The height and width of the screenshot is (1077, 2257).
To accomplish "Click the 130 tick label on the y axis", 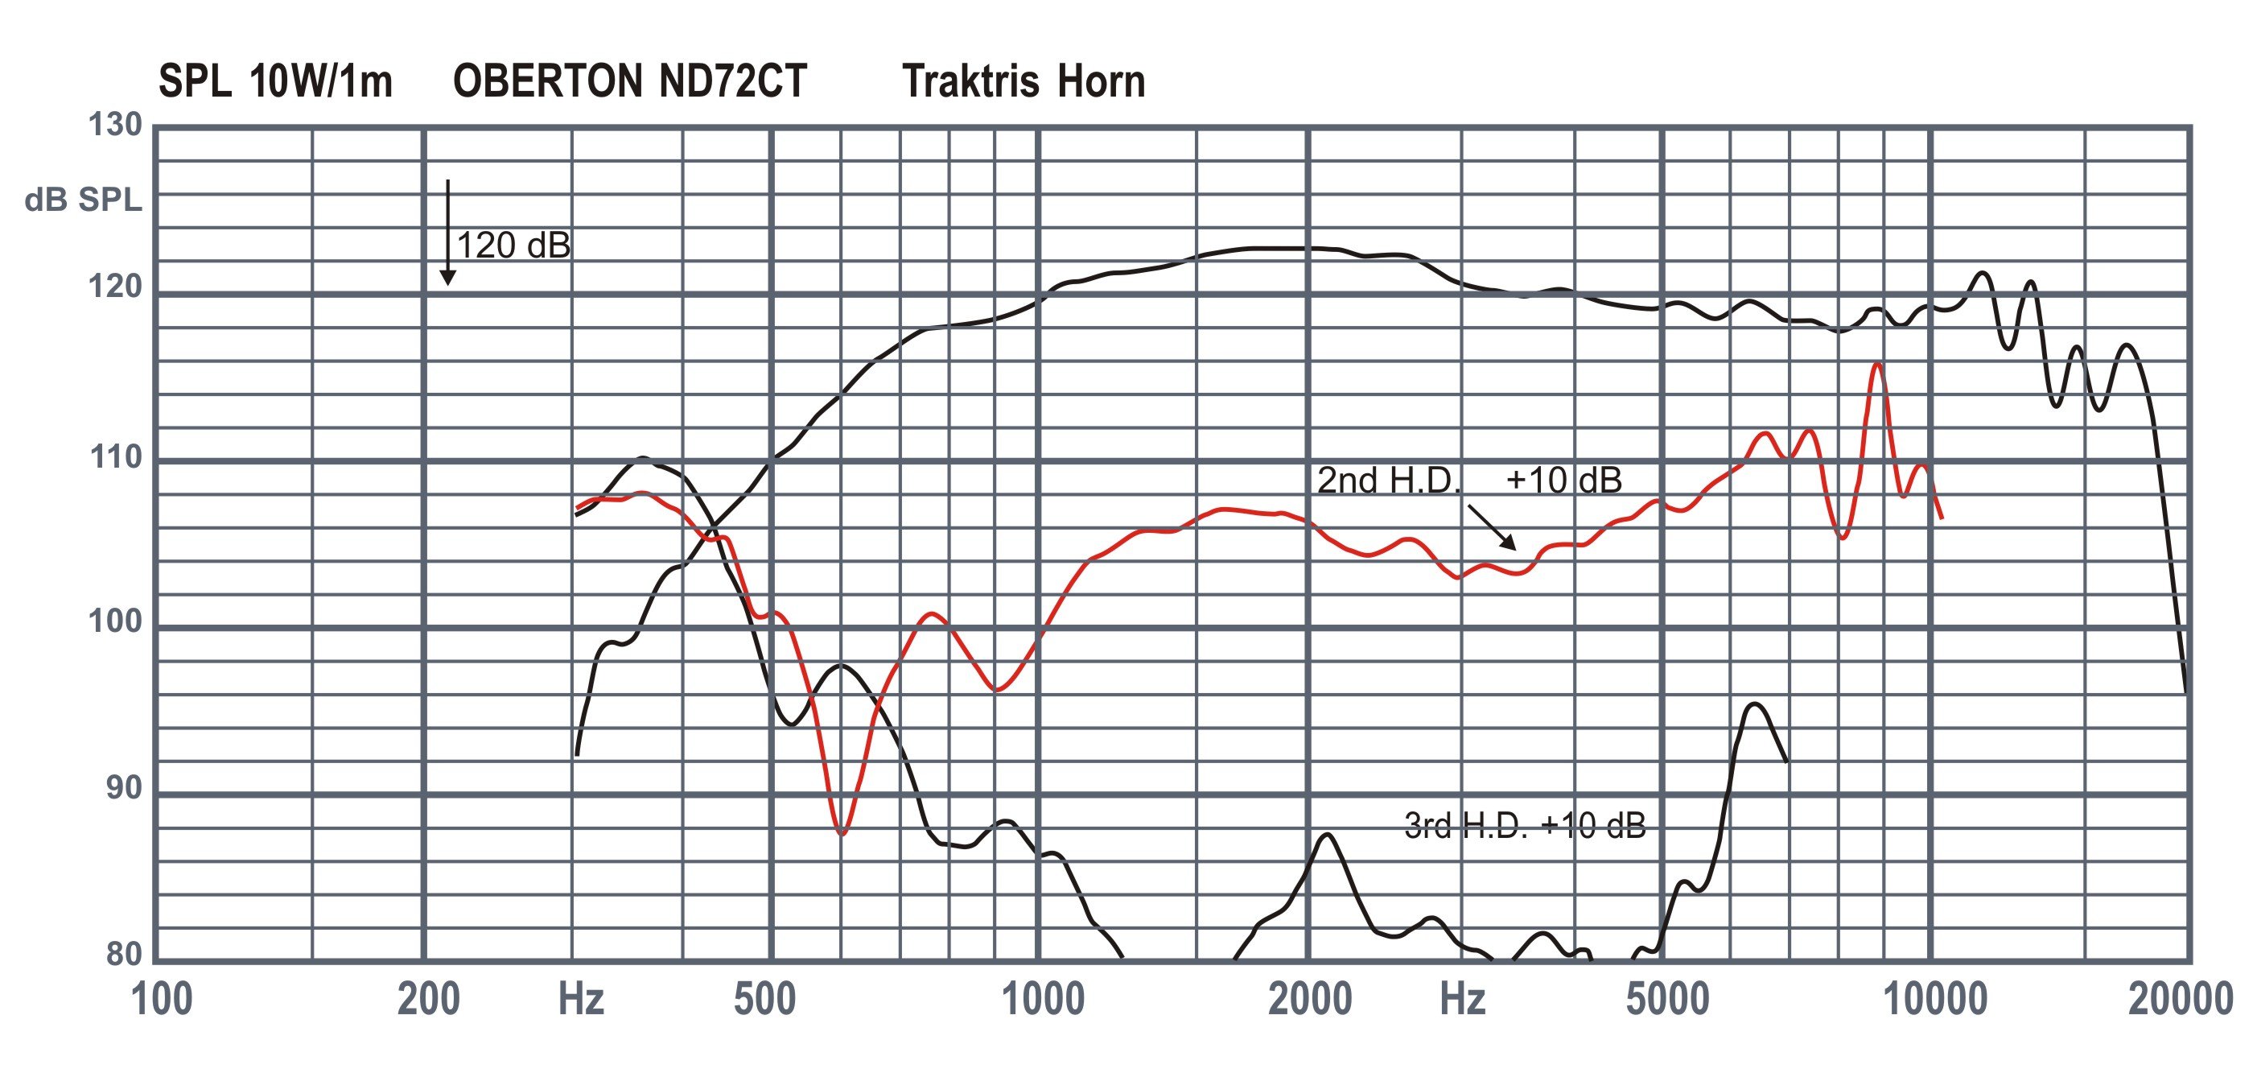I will coord(115,126).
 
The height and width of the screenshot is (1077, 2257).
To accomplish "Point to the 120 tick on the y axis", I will coord(115,287).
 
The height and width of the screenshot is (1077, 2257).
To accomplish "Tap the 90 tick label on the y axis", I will coord(124,789).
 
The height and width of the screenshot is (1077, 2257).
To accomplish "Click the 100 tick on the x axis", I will coord(161,1000).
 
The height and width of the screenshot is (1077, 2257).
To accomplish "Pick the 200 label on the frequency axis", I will coord(428,1000).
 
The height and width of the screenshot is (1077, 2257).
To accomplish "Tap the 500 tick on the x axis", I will coord(765,1000).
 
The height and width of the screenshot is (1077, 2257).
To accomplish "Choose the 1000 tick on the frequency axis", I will coord(1043,1000).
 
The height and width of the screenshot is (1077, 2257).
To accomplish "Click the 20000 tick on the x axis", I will coord(2180,1000).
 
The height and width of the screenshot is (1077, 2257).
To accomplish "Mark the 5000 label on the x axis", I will coord(1667,1000).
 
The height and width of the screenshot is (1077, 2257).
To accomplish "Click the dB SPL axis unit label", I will coord(83,200).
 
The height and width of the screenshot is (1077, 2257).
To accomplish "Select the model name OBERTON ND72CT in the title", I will coord(629,81).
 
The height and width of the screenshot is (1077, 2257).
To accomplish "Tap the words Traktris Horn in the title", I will coord(1023,81).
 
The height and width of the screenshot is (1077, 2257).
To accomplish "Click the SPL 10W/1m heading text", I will coord(275,81).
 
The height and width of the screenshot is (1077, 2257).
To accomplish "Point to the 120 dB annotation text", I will coord(513,246).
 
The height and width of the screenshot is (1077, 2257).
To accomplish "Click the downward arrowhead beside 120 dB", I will coord(447,278).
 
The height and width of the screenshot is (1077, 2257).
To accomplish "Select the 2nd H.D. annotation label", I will coord(1389,481).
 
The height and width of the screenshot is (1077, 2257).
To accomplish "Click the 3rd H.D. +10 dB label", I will coord(1525,826).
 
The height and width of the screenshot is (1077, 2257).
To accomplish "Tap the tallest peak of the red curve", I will coord(1876,364).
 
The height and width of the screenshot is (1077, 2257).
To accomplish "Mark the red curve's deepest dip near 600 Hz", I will coord(842,833).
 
